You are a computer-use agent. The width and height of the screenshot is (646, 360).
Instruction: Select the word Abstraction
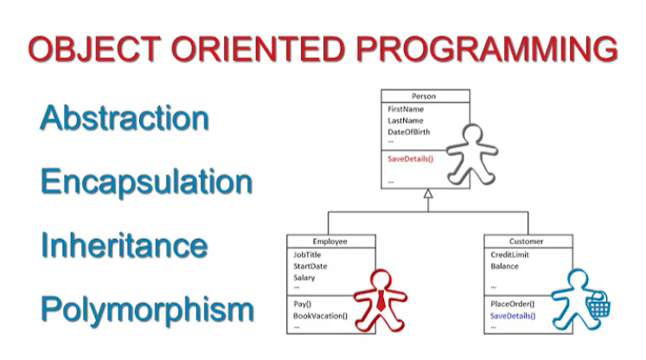click(125, 119)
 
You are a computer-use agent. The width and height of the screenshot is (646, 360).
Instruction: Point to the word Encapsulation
click(146, 182)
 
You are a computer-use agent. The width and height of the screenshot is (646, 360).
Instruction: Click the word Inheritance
click(124, 245)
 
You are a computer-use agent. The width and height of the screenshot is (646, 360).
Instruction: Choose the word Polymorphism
click(147, 309)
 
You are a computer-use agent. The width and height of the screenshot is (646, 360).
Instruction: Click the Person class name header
click(425, 98)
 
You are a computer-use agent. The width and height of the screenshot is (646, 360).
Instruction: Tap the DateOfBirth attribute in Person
click(409, 132)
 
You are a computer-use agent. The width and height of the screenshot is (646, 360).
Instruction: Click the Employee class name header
click(330, 241)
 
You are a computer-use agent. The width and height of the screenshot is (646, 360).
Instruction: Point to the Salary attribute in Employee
click(304, 278)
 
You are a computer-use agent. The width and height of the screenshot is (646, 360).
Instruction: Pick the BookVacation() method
click(320, 316)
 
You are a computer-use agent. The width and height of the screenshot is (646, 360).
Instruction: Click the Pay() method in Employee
click(304, 305)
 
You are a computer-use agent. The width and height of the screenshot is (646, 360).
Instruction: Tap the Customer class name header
click(527, 241)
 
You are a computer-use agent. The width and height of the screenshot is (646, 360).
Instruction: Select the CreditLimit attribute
click(508, 255)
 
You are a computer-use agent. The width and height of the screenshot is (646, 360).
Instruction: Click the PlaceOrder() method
click(512, 305)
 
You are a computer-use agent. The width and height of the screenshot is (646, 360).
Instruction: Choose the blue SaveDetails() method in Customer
click(513, 316)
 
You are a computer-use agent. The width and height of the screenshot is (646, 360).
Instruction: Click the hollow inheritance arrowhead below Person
click(426, 196)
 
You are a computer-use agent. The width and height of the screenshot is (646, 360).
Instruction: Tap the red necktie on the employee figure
click(381, 299)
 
